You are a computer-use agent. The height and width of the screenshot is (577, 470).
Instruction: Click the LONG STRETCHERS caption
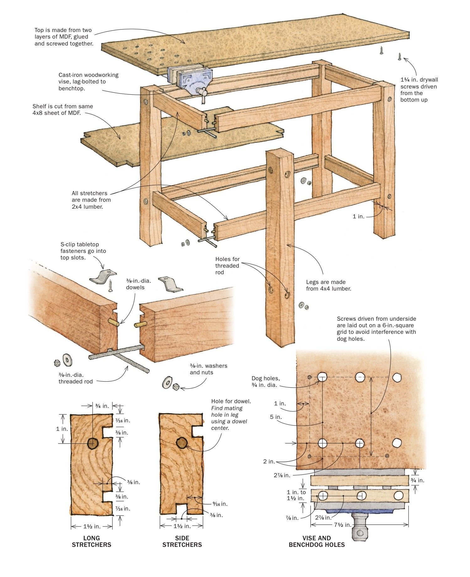[92, 541]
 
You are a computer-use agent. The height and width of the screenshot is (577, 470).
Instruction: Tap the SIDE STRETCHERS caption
[182, 541]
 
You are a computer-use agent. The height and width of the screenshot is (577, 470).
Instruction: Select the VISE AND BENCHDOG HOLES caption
[317, 541]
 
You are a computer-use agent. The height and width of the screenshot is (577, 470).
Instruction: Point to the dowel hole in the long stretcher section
[93, 443]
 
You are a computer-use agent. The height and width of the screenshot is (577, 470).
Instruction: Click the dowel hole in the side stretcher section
[182, 443]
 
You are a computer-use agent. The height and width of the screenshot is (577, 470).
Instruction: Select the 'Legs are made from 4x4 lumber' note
[328, 285]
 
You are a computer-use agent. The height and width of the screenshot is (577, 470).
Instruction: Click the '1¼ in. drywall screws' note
[419, 89]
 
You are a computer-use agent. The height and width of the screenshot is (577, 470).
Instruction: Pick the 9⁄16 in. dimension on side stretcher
[220, 504]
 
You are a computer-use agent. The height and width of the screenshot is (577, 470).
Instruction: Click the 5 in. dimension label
[276, 417]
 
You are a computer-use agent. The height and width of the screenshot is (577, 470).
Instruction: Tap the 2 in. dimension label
[269, 462]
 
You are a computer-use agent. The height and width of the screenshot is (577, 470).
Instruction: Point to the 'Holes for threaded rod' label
[227, 265]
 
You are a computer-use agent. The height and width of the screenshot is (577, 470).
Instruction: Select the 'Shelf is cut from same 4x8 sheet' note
[62, 110]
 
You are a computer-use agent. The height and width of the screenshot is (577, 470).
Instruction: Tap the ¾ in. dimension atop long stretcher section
[102, 406]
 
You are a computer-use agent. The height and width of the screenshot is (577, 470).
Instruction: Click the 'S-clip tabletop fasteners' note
[83, 251]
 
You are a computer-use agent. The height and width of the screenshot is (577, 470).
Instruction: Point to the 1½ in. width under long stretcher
[92, 526]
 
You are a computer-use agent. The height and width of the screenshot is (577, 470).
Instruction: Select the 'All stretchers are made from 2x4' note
[91, 200]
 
